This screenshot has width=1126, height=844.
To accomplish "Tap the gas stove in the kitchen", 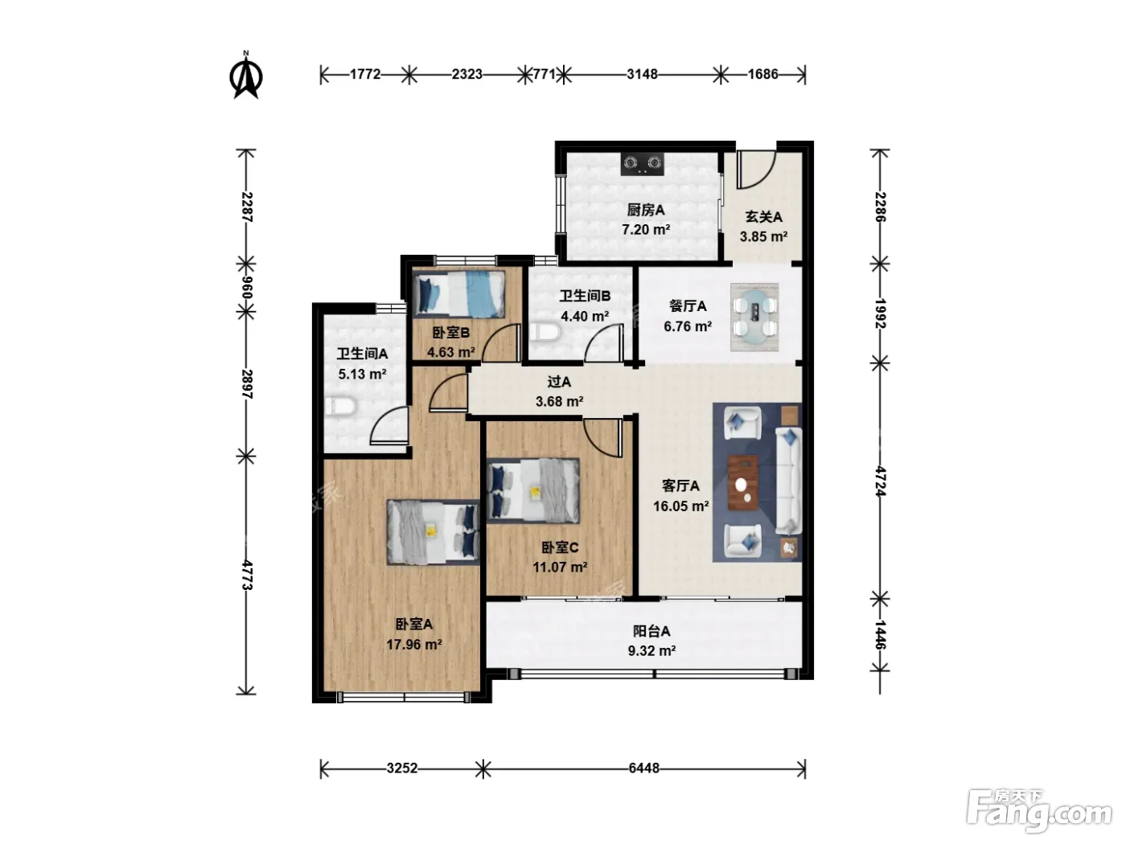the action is pyautogui.click(x=643, y=164).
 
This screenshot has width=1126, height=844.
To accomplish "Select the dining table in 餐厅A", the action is pyautogui.click(x=754, y=318).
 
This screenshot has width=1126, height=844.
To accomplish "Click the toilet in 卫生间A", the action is pyautogui.click(x=340, y=408).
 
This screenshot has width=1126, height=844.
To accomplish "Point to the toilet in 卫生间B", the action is pyautogui.click(x=544, y=332).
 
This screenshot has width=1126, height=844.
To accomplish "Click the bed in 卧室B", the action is pyautogui.click(x=459, y=294).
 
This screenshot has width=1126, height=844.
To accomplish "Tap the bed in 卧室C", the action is pyautogui.click(x=533, y=491).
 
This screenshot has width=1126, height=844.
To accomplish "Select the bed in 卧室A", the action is pyautogui.click(x=434, y=532).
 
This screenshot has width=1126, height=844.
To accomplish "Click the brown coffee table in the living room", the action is pyautogui.click(x=743, y=483).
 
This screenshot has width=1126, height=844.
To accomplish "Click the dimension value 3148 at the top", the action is pyautogui.click(x=642, y=74).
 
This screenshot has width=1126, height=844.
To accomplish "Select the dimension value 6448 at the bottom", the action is pyautogui.click(x=643, y=768).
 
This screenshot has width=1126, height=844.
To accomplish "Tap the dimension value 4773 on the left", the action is pyautogui.click(x=247, y=575).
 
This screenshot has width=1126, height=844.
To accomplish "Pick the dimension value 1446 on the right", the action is pyautogui.click(x=880, y=635).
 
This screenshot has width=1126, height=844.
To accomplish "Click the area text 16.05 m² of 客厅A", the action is pyautogui.click(x=680, y=506).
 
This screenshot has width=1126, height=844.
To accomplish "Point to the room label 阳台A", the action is pyautogui.click(x=651, y=631).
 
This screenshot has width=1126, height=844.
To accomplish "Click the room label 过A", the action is pyautogui.click(x=559, y=382).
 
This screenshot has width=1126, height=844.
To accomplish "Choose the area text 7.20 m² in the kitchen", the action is pyautogui.click(x=646, y=230).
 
